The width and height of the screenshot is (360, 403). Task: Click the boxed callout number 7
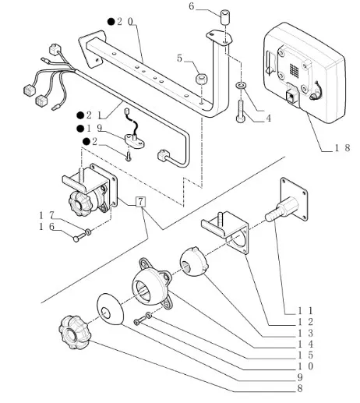tap(140, 202)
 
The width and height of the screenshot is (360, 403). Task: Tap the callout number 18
tap(342, 148)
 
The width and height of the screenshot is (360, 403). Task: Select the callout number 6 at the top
tap(192, 6)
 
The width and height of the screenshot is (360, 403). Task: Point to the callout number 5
tap(179, 58)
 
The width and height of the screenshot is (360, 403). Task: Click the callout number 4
tap(268, 118)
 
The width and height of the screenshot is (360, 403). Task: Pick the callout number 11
tap(305, 310)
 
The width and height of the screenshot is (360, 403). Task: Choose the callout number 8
tap(300, 388)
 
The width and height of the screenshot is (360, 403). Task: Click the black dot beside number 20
tap(111, 22)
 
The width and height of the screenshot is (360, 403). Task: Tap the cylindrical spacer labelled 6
tap(225, 17)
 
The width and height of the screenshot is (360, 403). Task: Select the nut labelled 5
tap(201, 79)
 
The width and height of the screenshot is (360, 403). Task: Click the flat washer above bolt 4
tap(241, 85)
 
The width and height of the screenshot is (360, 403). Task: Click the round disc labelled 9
tap(110, 309)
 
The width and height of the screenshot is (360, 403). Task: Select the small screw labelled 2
tap(129, 157)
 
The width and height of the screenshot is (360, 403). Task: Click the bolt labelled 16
tap(79, 237)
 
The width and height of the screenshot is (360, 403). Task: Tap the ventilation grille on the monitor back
tap(294, 70)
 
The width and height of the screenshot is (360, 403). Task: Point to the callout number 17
tap(46, 215)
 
